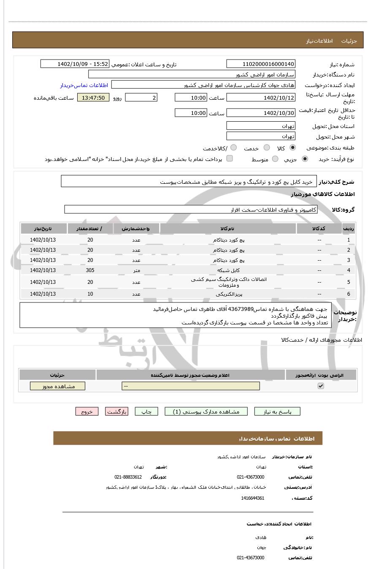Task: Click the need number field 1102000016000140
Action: (x=260, y=64)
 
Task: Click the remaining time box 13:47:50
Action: (x=93, y=98)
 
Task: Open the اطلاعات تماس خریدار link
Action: (x=84, y=85)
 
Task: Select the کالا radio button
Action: (x=292, y=148)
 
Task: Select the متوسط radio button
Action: (x=275, y=159)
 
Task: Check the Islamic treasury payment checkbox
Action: (x=230, y=158)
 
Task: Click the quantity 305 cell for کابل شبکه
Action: (x=90, y=270)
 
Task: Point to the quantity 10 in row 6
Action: (x=90, y=294)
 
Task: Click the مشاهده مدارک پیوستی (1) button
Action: (x=206, y=411)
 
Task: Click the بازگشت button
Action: (x=116, y=411)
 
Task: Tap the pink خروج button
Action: (x=87, y=411)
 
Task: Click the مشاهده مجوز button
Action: (x=57, y=386)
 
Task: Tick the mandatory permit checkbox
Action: (x=321, y=386)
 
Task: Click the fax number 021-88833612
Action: (x=128, y=477)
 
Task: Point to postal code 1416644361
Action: (x=253, y=498)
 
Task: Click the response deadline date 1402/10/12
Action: (x=260, y=98)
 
